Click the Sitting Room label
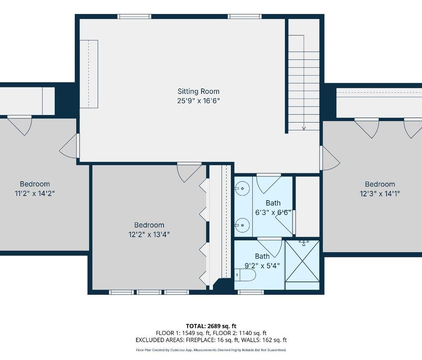(198, 91)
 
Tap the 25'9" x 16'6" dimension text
(199, 101)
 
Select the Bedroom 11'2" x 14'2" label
(35, 188)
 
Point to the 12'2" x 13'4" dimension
(149, 234)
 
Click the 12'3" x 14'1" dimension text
(380, 193)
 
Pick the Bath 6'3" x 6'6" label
(273, 207)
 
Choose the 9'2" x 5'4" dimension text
(262, 266)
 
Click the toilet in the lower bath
(245, 275)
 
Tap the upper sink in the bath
(242, 188)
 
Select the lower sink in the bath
(242, 225)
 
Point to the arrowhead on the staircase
(304, 128)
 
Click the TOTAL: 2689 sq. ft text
(211, 326)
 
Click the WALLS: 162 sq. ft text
(264, 340)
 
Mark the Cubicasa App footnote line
(211, 350)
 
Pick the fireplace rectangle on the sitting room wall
(89, 74)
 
